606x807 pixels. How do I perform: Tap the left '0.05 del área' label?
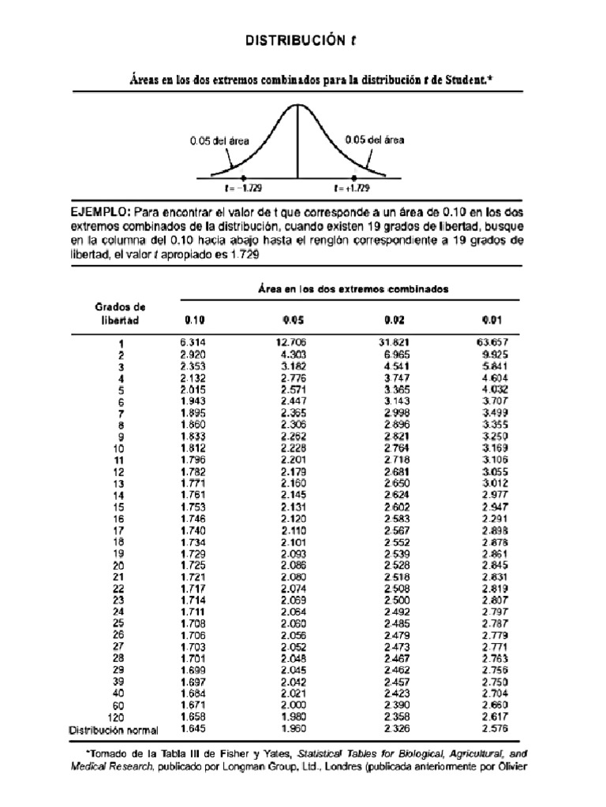(219, 141)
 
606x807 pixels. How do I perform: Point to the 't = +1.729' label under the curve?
(351, 188)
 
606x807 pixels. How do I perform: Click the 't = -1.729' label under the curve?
(244, 188)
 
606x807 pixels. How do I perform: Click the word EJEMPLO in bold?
(100, 213)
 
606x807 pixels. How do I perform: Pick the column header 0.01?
(492, 320)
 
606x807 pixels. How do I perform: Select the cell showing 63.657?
(492, 343)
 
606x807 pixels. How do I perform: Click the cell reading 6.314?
(193, 343)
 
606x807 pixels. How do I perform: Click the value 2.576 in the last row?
(492, 729)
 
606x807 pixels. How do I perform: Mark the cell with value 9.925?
(494, 355)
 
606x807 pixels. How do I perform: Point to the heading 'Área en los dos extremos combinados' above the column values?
(353, 289)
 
